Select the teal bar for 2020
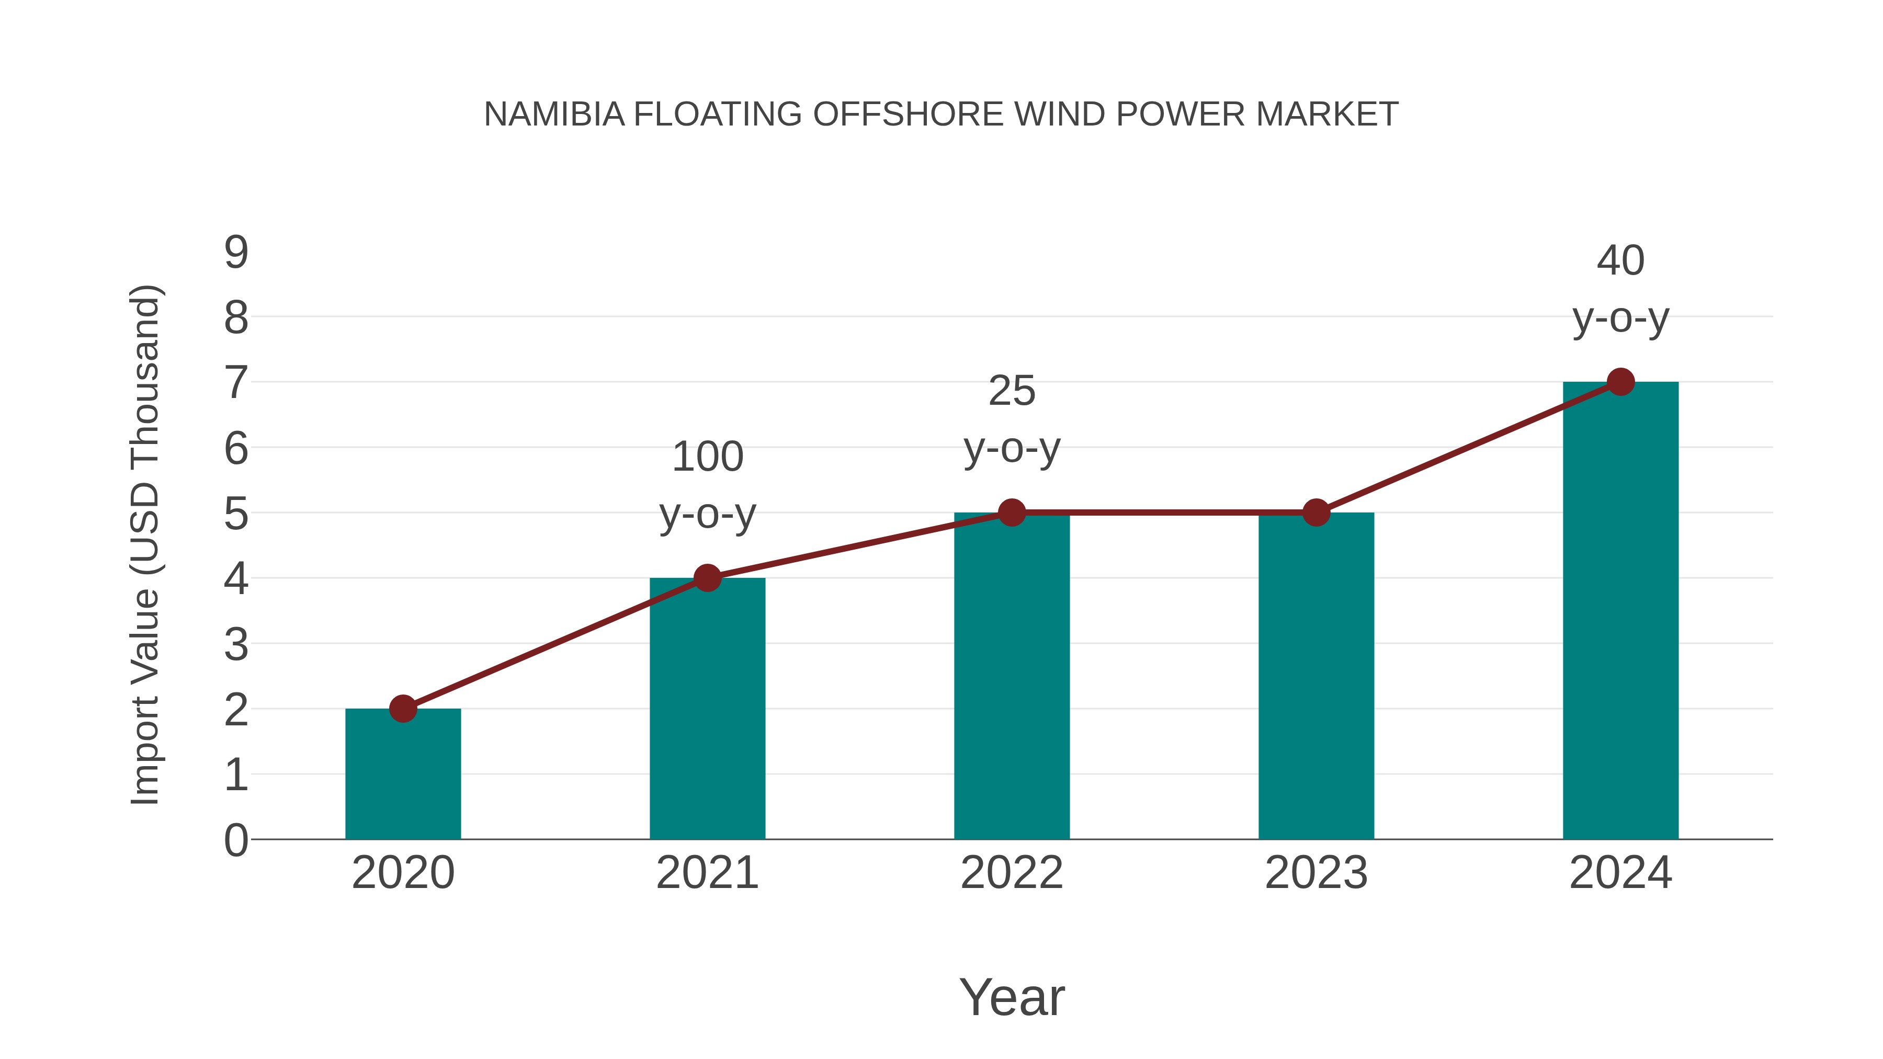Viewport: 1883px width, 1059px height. [x=403, y=775]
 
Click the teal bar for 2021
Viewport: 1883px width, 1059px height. [x=707, y=709]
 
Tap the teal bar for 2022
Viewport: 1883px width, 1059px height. [x=1012, y=676]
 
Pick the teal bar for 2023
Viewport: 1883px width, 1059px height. [x=1316, y=676]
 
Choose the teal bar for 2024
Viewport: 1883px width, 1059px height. [x=1620, y=610]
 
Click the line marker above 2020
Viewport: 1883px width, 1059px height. [x=403, y=708]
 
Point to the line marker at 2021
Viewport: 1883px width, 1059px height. [x=707, y=577]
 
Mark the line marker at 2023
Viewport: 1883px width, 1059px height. [x=1316, y=513]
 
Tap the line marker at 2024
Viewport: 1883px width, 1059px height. [x=1620, y=382]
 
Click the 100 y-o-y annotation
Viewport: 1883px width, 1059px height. [x=707, y=485]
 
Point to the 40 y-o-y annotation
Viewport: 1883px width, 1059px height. [x=1620, y=289]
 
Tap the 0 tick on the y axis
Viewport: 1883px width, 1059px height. [x=236, y=840]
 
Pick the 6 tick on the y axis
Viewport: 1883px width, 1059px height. [x=236, y=448]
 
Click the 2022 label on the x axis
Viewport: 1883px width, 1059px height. [x=1012, y=873]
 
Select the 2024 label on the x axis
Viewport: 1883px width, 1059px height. [x=1620, y=873]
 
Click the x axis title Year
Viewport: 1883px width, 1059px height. [x=1012, y=997]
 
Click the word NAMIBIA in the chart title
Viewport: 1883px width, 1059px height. [x=554, y=115]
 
